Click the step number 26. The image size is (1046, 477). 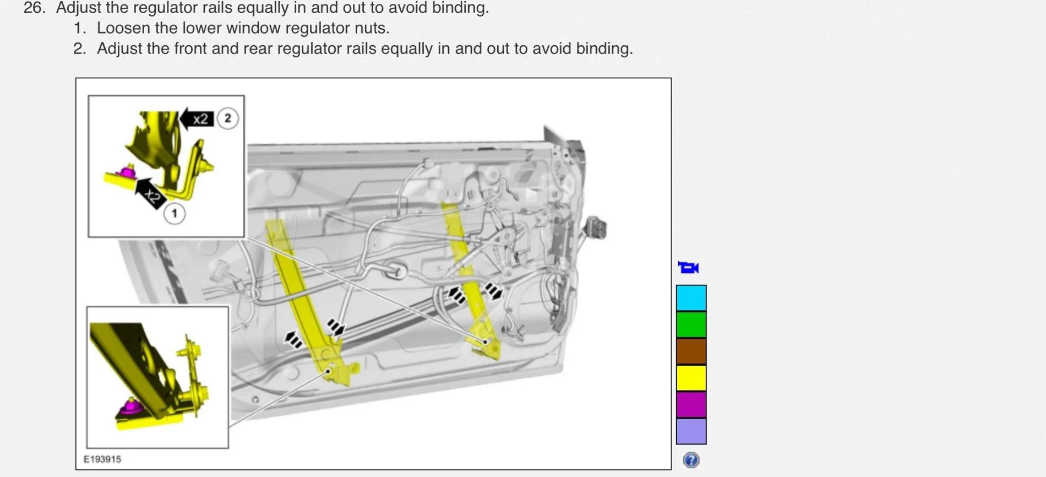tap(34, 8)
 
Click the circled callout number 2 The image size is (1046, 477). tap(227, 118)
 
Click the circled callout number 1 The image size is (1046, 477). tap(175, 214)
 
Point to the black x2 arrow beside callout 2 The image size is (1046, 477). tap(197, 118)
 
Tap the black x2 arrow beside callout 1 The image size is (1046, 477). tap(149, 193)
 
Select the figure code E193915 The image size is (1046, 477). tap(102, 459)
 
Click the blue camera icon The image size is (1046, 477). tap(688, 268)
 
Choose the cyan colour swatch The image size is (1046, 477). tap(691, 298)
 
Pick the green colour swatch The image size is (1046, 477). tap(691, 324)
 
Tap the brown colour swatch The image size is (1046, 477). tap(691, 351)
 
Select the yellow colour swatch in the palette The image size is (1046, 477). tap(691, 378)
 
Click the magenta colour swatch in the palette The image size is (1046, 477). tap(691, 404)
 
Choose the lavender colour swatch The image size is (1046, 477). tap(691, 431)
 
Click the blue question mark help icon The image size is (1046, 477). tap(691, 460)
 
